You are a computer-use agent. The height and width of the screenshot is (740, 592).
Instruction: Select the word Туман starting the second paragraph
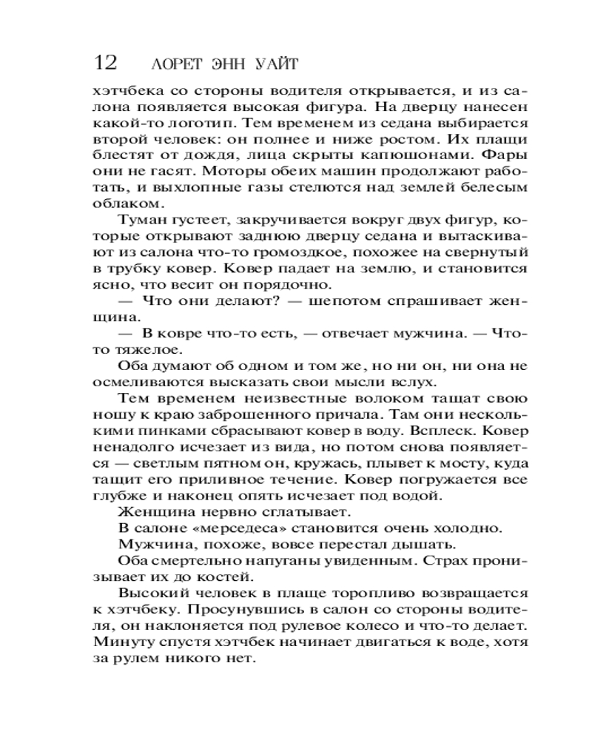pyautogui.click(x=142, y=220)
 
